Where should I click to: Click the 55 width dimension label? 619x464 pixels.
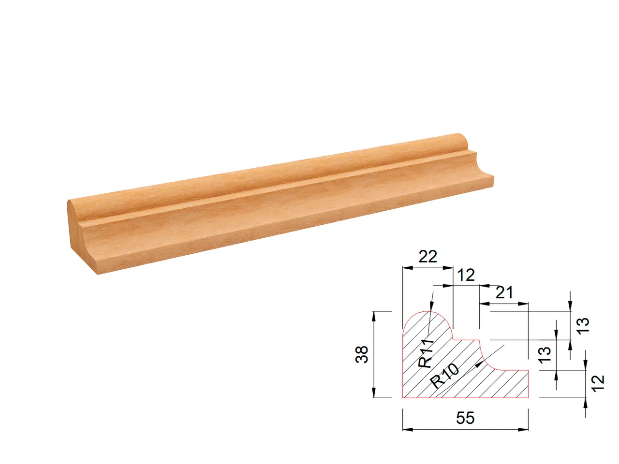click(465, 418)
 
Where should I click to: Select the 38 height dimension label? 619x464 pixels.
click(362, 354)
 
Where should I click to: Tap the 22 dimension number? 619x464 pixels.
click(427, 256)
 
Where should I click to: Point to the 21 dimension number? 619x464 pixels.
click(504, 292)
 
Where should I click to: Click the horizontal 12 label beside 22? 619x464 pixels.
click(466, 275)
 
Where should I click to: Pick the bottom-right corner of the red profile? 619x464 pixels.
click(528, 397)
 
